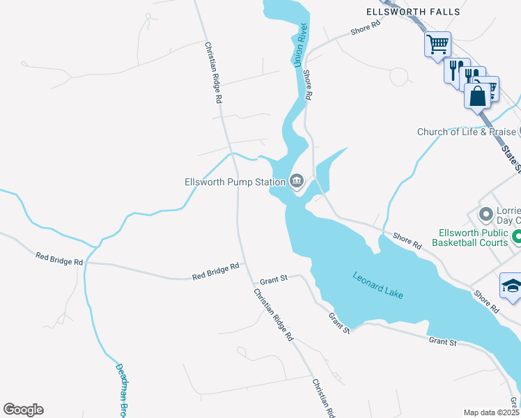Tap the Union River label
click(301, 45)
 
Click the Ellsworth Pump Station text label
click(235, 182)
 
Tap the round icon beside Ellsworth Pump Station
click(297, 182)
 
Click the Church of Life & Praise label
click(466, 132)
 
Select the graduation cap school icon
click(511, 286)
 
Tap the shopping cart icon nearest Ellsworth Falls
click(437, 45)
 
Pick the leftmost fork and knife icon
click(456, 71)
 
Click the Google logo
click(23, 410)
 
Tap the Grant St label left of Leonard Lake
click(274, 281)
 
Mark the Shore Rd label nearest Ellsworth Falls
click(366, 28)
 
